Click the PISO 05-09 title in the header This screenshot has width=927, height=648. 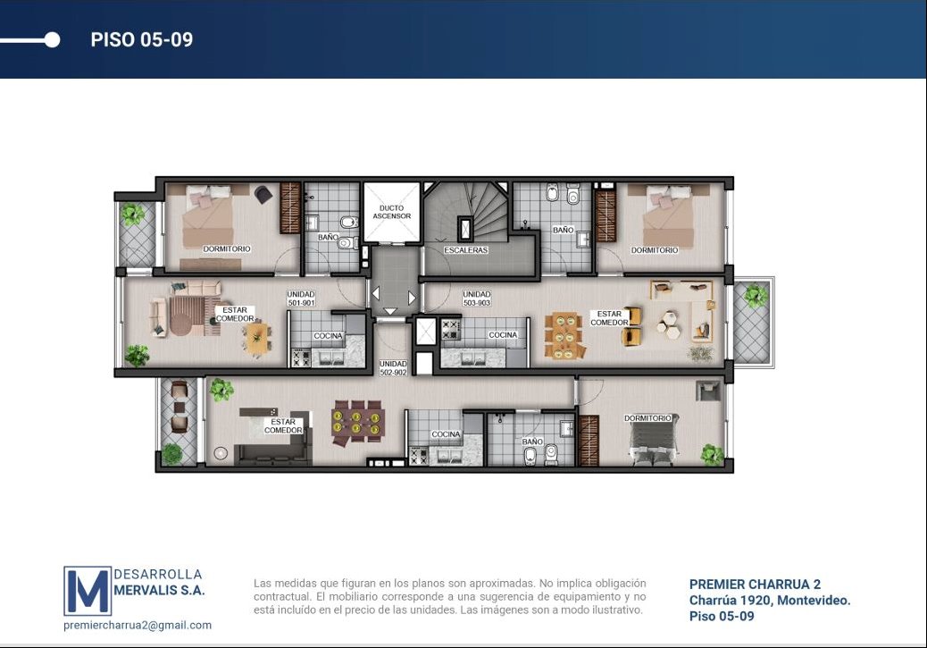click(x=141, y=39)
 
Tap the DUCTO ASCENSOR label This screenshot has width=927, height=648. click(x=391, y=212)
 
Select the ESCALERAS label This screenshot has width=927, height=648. click(x=466, y=250)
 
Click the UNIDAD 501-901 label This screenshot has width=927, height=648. click(x=301, y=299)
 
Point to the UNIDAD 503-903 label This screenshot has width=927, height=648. click(x=477, y=299)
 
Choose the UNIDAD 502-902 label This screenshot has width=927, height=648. click(x=393, y=368)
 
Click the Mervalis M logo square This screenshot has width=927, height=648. click(x=88, y=591)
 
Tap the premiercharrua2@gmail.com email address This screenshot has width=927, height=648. click(x=138, y=625)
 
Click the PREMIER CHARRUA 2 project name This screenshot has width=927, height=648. click(x=755, y=584)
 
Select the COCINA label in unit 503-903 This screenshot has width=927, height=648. click(x=503, y=335)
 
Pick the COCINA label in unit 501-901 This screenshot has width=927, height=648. click(x=328, y=335)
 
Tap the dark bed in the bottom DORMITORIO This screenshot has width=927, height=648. click(x=653, y=441)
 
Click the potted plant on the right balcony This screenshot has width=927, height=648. click(x=755, y=295)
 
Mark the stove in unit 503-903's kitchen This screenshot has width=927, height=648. click(x=450, y=330)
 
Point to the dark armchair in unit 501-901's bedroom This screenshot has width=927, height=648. click(x=263, y=194)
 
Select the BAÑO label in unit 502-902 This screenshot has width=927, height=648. click(x=532, y=442)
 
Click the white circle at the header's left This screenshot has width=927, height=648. click(x=52, y=39)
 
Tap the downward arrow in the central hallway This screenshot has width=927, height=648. click(x=390, y=311)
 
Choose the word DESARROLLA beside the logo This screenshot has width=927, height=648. click(x=158, y=574)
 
